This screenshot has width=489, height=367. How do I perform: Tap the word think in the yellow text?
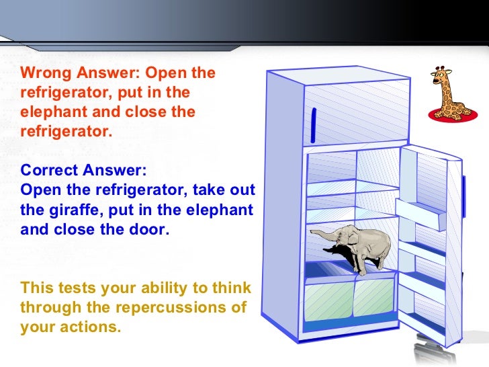coord(232,289)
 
